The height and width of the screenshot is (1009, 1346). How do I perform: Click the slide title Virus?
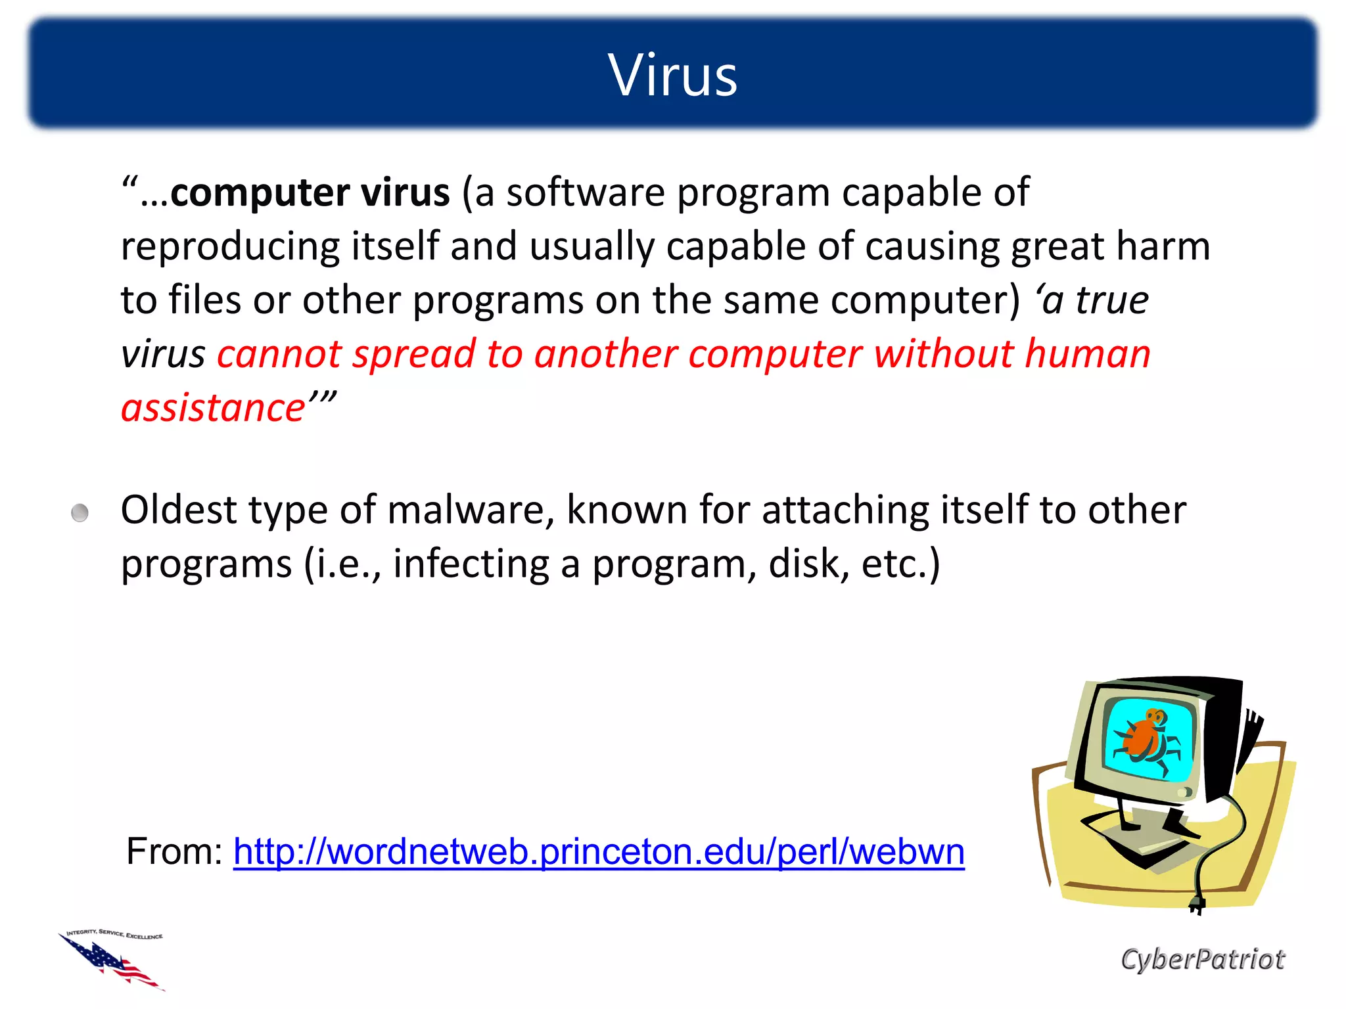[x=672, y=76]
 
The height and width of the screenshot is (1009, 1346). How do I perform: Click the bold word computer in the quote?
[x=259, y=193]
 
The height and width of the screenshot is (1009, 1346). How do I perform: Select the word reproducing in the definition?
[x=230, y=248]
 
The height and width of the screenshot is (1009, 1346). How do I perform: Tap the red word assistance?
[x=213, y=409]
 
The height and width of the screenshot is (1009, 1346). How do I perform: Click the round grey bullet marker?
[x=80, y=512]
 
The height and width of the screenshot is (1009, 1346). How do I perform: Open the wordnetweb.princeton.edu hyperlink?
[x=598, y=852]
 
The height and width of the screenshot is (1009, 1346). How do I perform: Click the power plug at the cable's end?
[x=1197, y=905]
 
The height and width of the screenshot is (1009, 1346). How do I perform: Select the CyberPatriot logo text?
[x=1202, y=960]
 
